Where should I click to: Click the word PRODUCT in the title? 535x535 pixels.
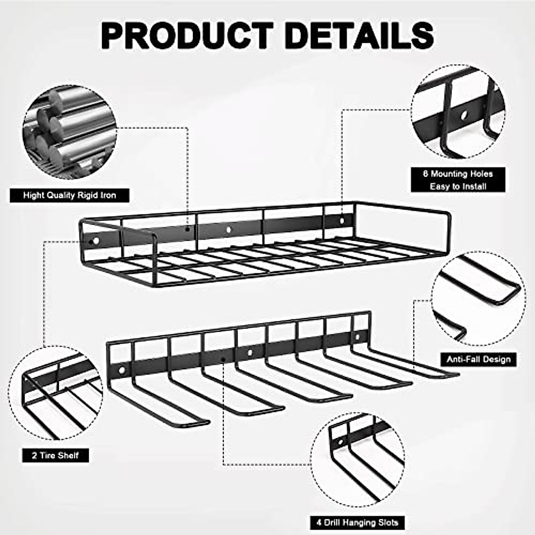click(187, 35)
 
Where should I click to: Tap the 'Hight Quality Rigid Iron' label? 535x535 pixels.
click(70, 195)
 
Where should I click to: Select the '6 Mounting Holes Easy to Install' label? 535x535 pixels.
click(458, 180)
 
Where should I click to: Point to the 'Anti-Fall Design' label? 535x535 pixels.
click(478, 359)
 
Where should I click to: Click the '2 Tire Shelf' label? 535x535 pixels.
click(55, 455)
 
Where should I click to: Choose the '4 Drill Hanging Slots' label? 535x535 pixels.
click(357, 523)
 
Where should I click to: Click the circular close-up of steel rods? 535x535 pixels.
click(69, 132)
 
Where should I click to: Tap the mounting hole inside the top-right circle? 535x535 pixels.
click(464, 115)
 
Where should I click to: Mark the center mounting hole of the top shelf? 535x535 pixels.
click(229, 230)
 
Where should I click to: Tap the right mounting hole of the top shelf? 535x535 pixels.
click(342, 220)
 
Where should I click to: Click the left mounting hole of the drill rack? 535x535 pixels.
click(121, 370)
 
